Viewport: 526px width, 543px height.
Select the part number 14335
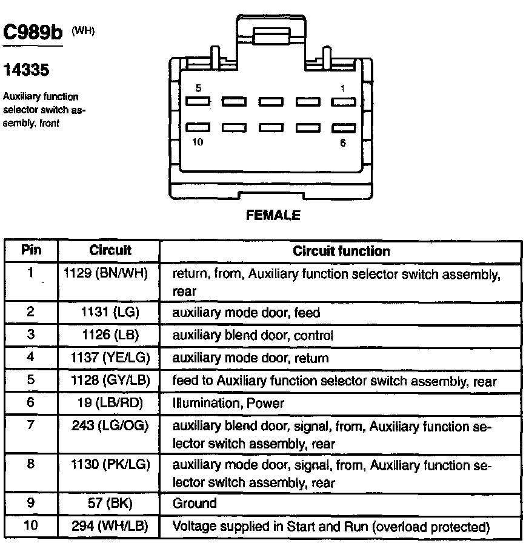tap(26, 70)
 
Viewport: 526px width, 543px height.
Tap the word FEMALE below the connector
tap(273, 215)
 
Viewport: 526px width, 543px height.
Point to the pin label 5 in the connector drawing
tap(198, 88)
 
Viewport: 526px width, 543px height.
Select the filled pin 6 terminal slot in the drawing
tap(343, 128)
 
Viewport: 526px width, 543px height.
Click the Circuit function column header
tap(341, 250)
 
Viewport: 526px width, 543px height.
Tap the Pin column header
tap(30, 250)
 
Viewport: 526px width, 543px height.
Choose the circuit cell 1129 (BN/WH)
tap(107, 274)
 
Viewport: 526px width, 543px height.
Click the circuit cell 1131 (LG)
tap(110, 313)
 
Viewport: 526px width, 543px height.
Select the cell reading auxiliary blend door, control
tap(253, 335)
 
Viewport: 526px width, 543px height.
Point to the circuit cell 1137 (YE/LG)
tap(110, 358)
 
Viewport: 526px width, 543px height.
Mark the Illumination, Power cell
tap(228, 403)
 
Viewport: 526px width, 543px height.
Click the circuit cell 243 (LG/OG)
tap(110, 427)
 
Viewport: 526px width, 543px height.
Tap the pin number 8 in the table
tap(30, 465)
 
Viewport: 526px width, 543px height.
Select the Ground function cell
tap(195, 503)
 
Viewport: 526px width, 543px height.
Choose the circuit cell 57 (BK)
tap(110, 503)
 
